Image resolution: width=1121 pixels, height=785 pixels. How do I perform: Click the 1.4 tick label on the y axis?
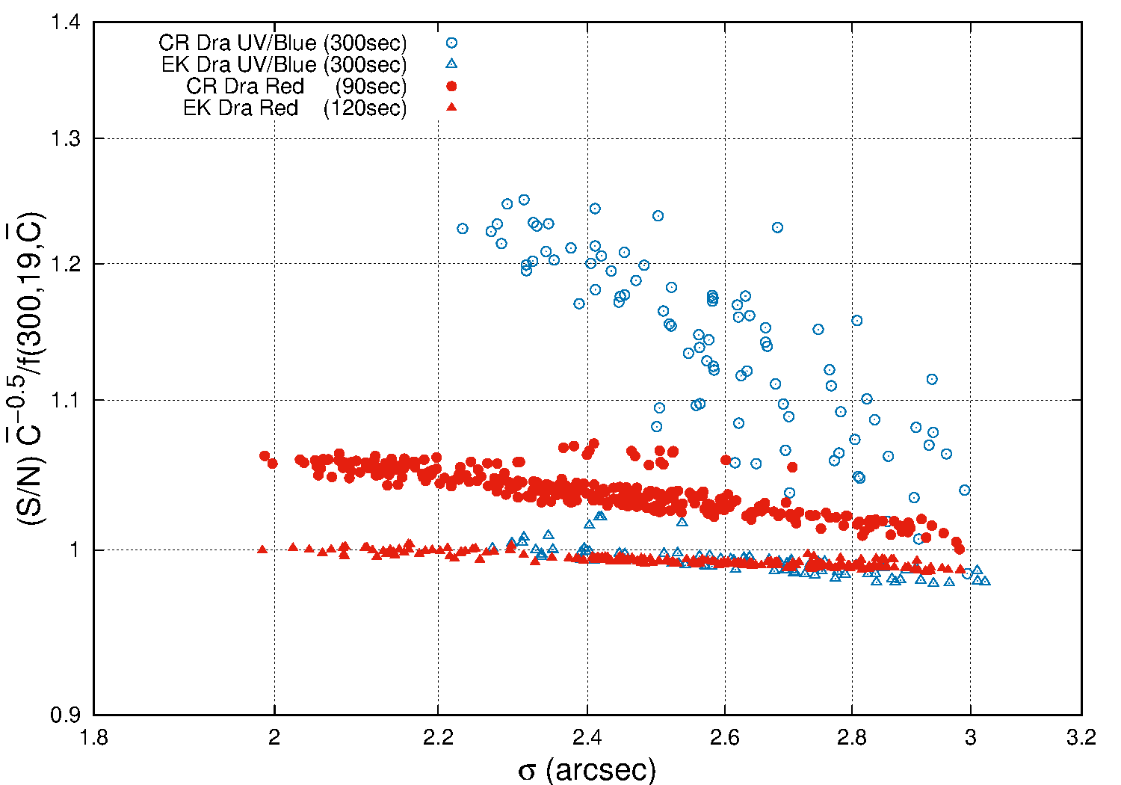(x=66, y=22)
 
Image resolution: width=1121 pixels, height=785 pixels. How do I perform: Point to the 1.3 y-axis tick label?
(x=66, y=138)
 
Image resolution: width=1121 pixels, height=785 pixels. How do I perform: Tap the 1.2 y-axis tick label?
(x=66, y=263)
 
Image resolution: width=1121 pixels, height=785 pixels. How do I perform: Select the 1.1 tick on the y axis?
(x=66, y=399)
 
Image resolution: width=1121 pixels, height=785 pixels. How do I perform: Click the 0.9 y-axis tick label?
(x=66, y=715)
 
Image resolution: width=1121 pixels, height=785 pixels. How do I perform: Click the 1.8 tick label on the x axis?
(x=94, y=738)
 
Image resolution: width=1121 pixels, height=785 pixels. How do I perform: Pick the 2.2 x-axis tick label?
(x=438, y=738)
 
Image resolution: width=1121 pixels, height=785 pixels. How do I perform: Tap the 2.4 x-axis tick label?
(x=587, y=738)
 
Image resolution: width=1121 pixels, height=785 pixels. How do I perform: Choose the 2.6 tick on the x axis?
(x=725, y=738)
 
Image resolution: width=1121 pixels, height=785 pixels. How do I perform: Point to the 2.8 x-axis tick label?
(x=852, y=738)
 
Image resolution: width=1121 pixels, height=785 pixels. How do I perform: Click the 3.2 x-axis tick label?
(x=1081, y=738)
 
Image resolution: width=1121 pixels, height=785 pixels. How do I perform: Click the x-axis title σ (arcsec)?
(x=587, y=769)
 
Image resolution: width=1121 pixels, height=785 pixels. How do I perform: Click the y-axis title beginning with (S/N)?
(x=28, y=369)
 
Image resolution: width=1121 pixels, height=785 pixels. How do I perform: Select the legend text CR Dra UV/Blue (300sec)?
(x=282, y=43)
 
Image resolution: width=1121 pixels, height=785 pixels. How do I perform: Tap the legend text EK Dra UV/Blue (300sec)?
(x=284, y=64)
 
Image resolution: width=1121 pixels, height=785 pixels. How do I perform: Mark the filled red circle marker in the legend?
(x=451, y=87)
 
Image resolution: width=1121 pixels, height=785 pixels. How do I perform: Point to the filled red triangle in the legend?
(x=451, y=107)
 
